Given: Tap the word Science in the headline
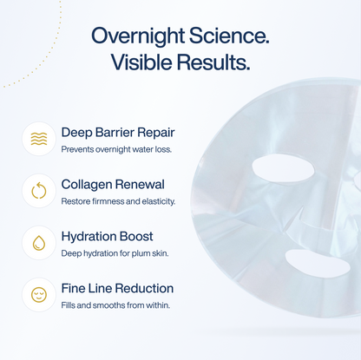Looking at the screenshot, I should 228,36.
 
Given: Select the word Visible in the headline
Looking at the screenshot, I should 145,62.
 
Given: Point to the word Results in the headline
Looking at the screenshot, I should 217,62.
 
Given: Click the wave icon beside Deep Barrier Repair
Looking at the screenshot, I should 39,139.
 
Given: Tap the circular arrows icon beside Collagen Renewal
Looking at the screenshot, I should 39,191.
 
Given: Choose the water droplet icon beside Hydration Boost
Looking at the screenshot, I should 39,243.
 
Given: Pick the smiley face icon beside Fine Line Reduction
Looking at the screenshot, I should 39,295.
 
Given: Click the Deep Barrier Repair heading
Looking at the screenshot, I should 118,133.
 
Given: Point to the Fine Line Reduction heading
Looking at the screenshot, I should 117,288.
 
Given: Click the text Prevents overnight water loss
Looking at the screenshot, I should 116,149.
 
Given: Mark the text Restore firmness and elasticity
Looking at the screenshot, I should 118,201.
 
